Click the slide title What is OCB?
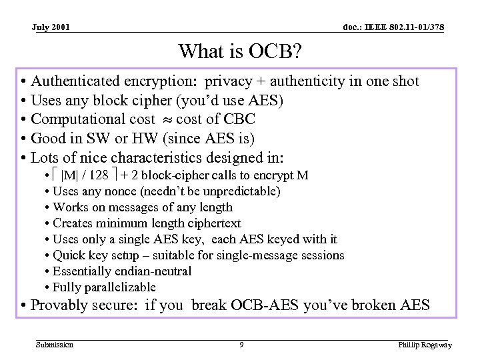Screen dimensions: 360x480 (x=240, y=51)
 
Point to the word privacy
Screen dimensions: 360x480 (x=229, y=81)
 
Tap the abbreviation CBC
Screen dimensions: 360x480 (x=239, y=119)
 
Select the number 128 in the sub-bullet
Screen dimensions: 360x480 (x=99, y=175)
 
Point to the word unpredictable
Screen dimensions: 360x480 (x=239, y=191)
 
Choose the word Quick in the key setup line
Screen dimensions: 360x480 (x=69, y=255)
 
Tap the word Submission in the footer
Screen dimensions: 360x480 (x=55, y=345)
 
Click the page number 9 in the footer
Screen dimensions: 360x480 (x=241, y=345)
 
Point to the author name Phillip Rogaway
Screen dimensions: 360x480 (x=425, y=345)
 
